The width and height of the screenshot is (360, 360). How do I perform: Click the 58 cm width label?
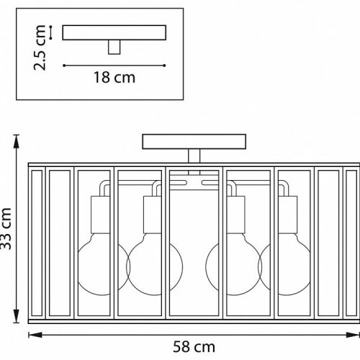pos(194,347)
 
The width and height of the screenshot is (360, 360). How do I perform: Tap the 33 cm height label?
pos(6,229)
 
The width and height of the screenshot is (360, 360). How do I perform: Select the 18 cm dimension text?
pos(114,78)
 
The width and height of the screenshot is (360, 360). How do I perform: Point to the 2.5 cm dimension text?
pos(40,48)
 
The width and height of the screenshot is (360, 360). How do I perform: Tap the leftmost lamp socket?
pos(100,215)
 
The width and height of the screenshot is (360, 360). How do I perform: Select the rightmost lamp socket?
pos(288,215)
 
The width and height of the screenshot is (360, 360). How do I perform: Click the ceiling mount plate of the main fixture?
pos(194,142)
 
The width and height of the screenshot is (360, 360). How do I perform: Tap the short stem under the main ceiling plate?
pos(194,156)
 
